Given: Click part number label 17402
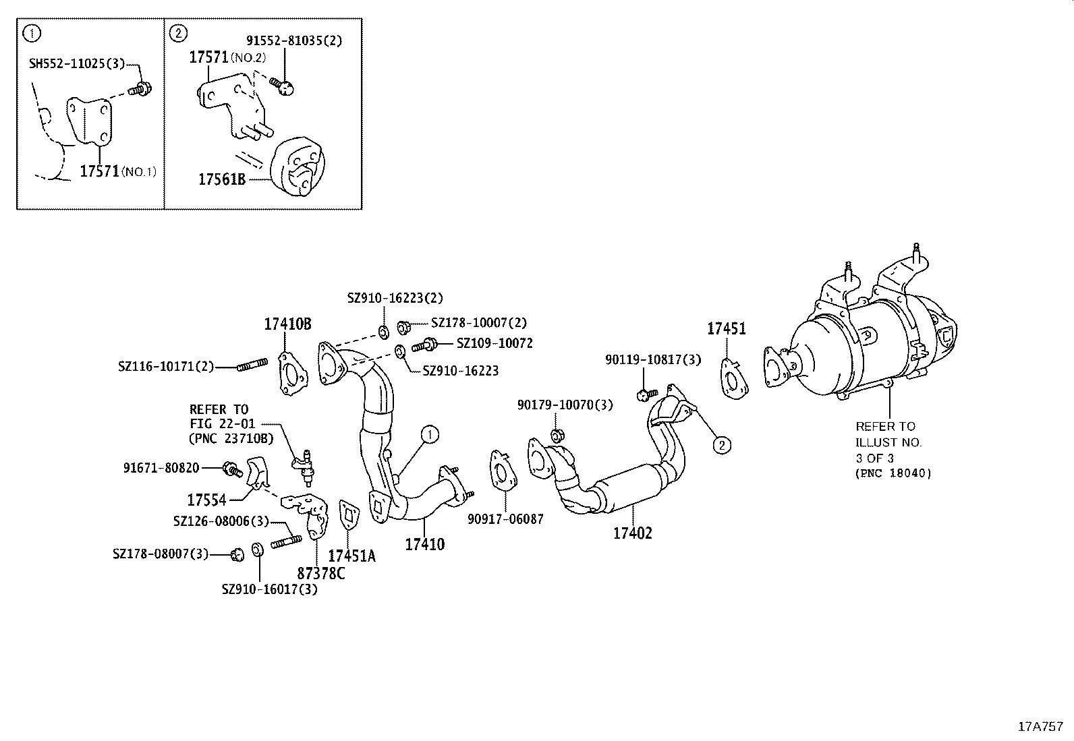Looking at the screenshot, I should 632,533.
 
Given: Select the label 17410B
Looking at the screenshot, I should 287,324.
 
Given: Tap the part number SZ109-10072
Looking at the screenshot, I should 494,343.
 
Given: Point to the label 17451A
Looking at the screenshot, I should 351,556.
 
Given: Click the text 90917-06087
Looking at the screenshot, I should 505,519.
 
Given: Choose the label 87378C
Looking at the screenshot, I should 321,574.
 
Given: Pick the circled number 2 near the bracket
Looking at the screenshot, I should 721,444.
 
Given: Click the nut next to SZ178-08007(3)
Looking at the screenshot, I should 236,554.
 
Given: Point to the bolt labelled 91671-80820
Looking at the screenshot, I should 231,468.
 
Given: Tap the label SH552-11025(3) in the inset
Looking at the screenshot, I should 76,64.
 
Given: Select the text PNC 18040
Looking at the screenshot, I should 893,473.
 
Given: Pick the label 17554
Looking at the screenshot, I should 206,500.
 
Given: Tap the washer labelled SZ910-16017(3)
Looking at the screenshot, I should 258,550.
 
